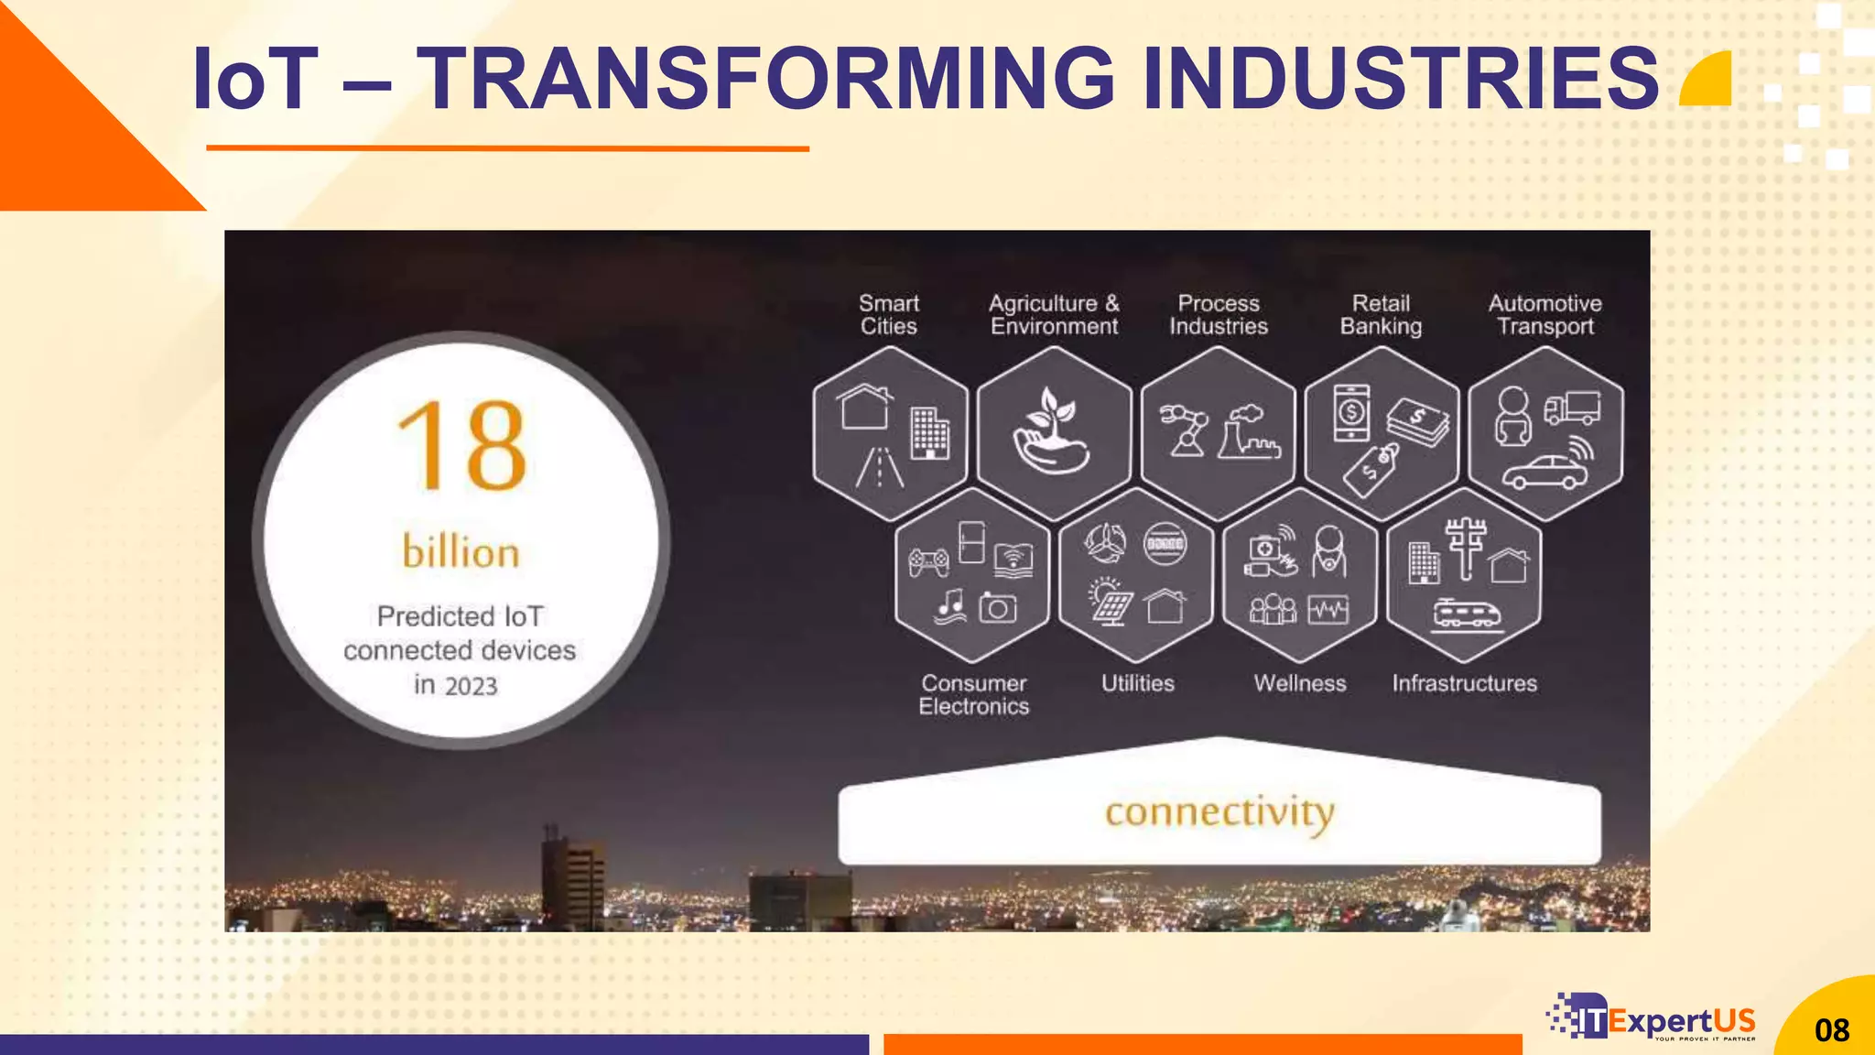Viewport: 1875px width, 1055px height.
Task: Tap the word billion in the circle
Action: pyautogui.click(x=461, y=552)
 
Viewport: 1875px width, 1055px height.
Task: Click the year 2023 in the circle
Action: pyautogui.click(x=471, y=686)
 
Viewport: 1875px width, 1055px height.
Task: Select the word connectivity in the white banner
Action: pyautogui.click(x=1219, y=812)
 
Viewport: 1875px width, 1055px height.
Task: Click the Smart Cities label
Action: pyautogui.click(x=888, y=314)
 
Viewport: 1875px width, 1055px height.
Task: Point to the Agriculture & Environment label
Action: pyautogui.click(x=1054, y=314)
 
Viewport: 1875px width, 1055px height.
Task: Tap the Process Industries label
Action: pyautogui.click(x=1219, y=314)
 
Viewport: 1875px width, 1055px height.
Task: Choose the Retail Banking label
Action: pyautogui.click(x=1381, y=314)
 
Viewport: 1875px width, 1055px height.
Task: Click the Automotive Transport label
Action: pyautogui.click(x=1545, y=314)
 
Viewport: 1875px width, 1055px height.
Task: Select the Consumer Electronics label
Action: pyautogui.click(x=974, y=694)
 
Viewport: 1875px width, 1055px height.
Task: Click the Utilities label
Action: pyautogui.click(x=1137, y=683)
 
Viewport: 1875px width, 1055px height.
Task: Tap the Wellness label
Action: pyautogui.click(x=1300, y=683)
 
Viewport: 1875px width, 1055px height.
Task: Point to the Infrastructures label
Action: pyautogui.click(x=1464, y=683)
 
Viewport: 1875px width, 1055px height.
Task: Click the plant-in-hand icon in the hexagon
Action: pyautogui.click(x=1052, y=430)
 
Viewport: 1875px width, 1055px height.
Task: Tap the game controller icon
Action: pyautogui.click(x=928, y=561)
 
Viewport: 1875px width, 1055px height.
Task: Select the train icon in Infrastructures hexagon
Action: pyautogui.click(x=1467, y=615)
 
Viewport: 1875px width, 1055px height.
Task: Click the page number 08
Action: pyautogui.click(x=1832, y=1030)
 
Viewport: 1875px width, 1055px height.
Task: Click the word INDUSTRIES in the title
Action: pyautogui.click(x=1401, y=80)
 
